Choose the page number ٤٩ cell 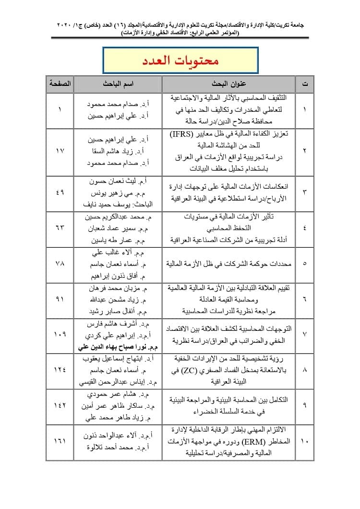60,193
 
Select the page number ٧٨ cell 60,264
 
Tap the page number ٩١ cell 60,299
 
